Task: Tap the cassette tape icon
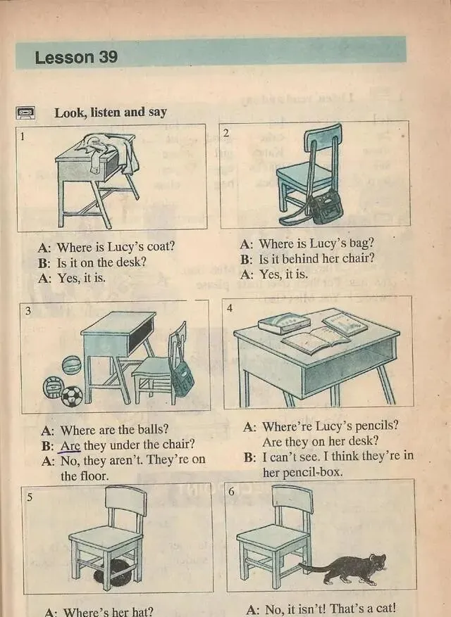coord(25,113)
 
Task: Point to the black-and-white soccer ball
coord(72,396)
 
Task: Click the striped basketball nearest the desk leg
coord(72,365)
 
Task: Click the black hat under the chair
coord(113,573)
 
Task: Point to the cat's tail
coord(314,567)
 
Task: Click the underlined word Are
coord(70,445)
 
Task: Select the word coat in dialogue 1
coord(160,247)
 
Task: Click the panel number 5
coord(30,497)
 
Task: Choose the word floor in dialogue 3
coord(94,476)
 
